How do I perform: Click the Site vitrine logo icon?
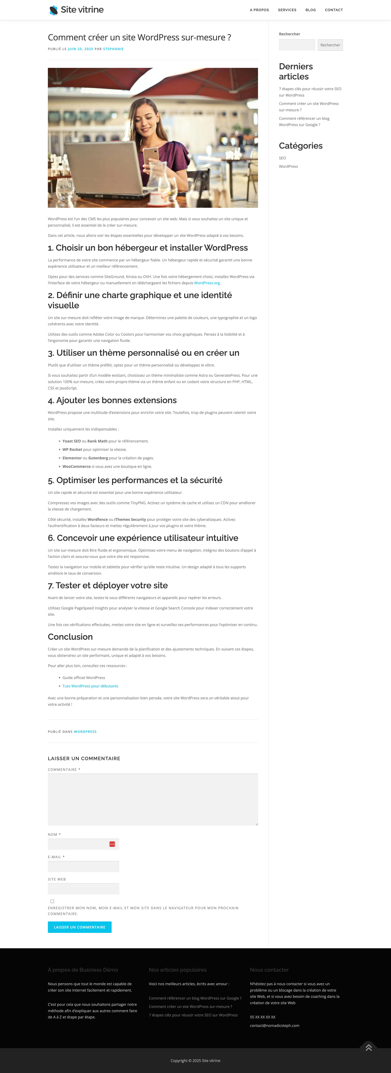point(53,10)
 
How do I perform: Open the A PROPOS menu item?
point(259,10)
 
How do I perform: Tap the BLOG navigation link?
point(311,10)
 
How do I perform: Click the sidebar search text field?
point(297,45)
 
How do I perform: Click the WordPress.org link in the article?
point(207,283)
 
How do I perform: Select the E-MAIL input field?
point(83,866)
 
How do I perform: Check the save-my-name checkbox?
point(52,901)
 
